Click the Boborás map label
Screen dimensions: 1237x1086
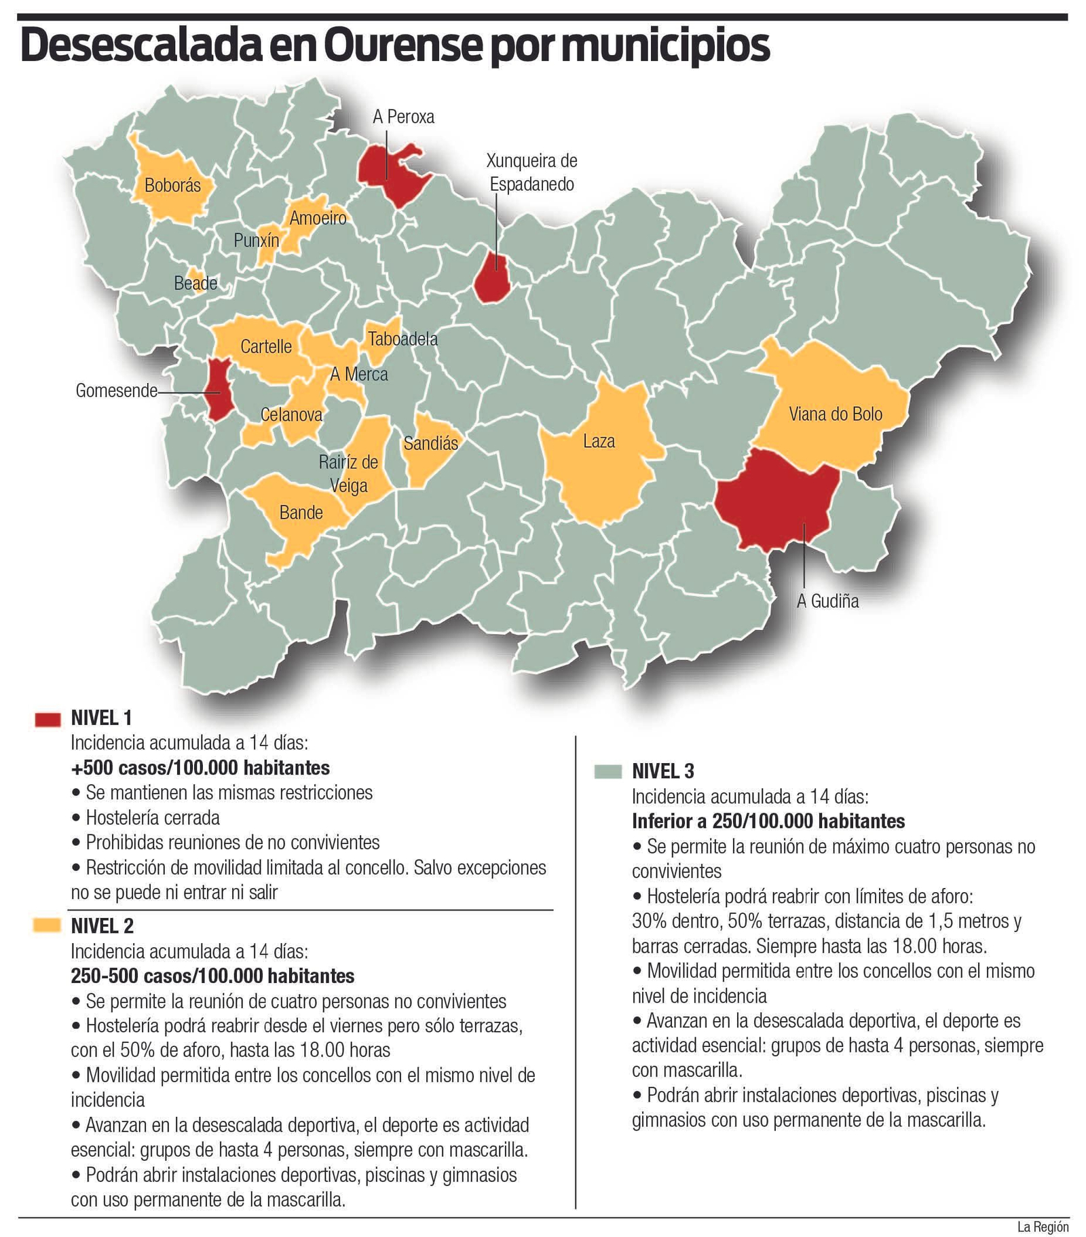(x=172, y=185)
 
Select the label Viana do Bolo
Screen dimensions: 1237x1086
(x=835, y=414)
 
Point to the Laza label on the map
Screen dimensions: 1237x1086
(x=599, y=442)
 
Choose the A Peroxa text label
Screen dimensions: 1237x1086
(x=403, y=117)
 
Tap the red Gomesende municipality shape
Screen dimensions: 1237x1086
(x=219, y=390)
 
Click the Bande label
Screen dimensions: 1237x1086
(x=301, y=513)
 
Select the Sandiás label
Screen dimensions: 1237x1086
(x=430, y=444)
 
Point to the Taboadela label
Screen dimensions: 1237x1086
(x=402, y=339)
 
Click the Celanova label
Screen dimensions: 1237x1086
(x=291, y=415)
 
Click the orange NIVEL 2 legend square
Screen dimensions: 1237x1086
(x=48, y=925)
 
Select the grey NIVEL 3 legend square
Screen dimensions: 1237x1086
(x=607, y=772)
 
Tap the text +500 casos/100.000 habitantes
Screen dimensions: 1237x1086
(x=200, y=768)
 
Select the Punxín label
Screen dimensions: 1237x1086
(x=256, y=240)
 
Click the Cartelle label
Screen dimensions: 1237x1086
(x=266, y=347)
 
